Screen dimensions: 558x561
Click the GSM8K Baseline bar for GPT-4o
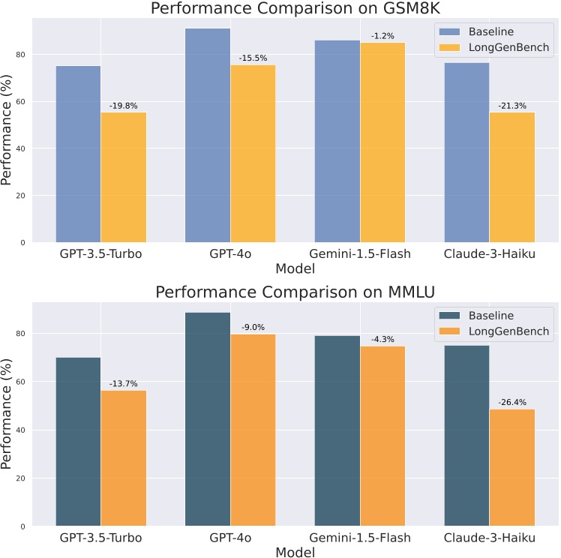(208, 135)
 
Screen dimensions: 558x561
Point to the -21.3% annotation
(512, 106)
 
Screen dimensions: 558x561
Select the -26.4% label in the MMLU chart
(512, 403)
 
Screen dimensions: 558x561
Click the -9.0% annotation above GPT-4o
(253, 327)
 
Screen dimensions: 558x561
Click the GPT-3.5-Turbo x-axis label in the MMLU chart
(102, 538)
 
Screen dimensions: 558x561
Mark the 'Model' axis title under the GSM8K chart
(295, 268)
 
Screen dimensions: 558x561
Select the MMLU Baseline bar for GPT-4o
(208, 419)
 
